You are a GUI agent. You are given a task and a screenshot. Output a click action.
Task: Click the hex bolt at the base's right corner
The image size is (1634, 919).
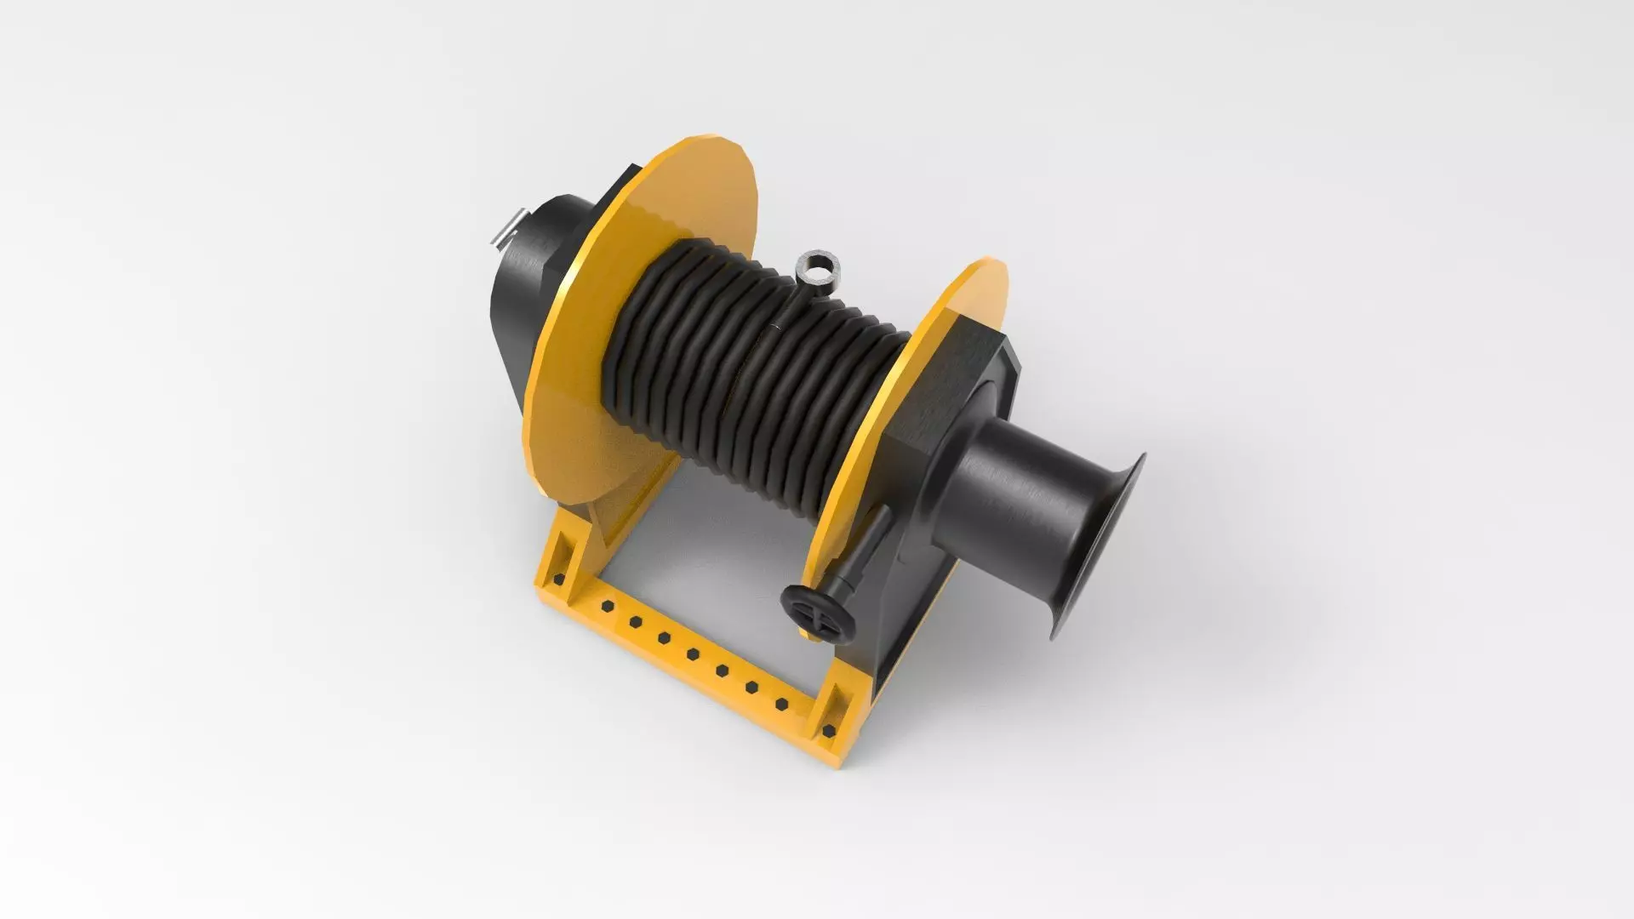coord(828,730)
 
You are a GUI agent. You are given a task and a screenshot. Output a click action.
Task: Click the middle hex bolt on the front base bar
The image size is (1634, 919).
coord(693,654)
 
